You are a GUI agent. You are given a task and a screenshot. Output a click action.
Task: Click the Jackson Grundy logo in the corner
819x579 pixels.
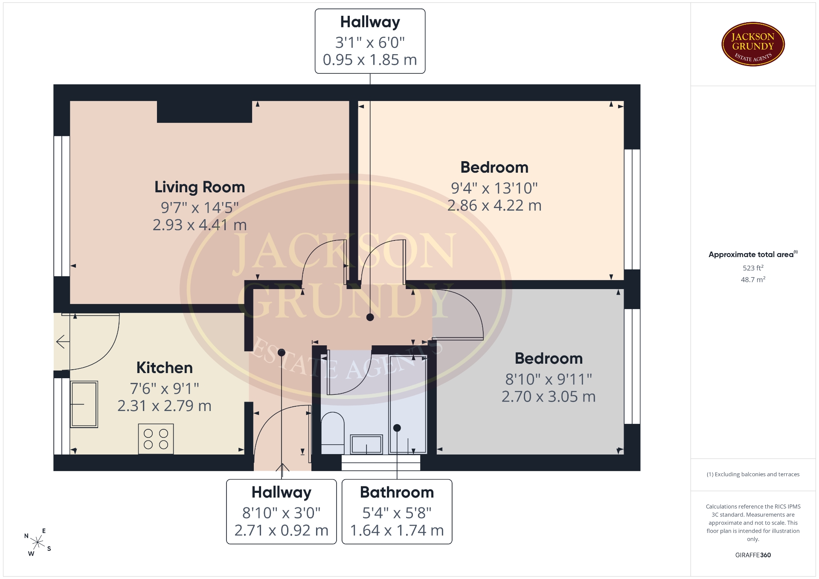[753, 44]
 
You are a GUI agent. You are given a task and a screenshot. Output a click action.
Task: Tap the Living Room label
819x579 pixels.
[200, 187]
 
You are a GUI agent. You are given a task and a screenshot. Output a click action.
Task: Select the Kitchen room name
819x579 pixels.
[165, 368]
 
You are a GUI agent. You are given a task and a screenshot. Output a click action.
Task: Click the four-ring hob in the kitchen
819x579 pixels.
[156, 439]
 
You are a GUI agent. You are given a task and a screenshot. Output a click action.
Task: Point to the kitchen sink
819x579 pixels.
[84, 404]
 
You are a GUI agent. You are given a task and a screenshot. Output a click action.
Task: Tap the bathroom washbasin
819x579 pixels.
[366, 444]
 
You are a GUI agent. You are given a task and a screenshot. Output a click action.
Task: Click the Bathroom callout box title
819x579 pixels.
[397, 492]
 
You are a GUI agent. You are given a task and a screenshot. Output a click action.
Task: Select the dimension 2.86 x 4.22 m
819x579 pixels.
[494, 206]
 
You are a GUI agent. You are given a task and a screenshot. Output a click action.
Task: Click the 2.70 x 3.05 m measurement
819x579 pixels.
[549, 397]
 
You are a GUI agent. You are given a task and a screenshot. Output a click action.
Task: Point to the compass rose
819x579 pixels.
[38, 542]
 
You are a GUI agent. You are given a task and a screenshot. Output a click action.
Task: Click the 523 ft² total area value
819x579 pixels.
[753, 268]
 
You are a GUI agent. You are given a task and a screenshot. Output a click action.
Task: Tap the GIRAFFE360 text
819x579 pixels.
[753, 555]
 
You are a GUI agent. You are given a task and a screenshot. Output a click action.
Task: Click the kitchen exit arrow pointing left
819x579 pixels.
[63, 342]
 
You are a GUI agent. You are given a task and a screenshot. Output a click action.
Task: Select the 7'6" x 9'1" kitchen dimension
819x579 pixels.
[165, 388]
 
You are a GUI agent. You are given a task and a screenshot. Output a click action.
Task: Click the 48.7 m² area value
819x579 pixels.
[753, 280]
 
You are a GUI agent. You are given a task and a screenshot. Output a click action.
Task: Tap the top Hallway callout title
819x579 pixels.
[370, 22]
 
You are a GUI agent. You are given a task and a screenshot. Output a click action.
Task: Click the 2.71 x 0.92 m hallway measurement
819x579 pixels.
[282, 530]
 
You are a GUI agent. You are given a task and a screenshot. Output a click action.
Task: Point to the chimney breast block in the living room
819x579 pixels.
[205, 112]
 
